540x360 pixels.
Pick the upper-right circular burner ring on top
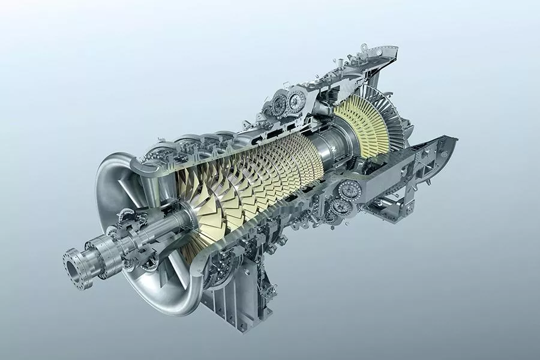(x=297, y=100)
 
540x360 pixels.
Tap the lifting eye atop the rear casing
(x=364, y=47)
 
